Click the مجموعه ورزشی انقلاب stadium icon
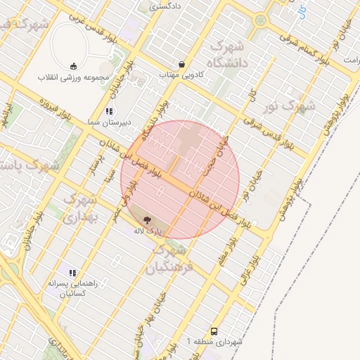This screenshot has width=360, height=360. tap(74, 66)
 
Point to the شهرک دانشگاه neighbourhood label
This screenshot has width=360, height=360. tap(226, 56)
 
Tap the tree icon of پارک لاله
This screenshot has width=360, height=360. tap(146, 220)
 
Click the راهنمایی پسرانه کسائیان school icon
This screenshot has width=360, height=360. tap(72, 272)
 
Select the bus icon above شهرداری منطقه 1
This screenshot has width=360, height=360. tap(214, 330)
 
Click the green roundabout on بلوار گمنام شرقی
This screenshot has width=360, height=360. tap(261, 20)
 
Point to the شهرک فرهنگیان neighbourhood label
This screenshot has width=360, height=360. tap(166, 259)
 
